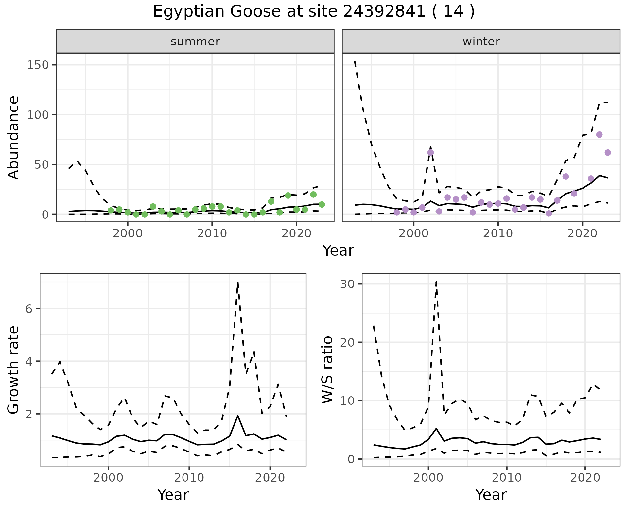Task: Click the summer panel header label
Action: point(195,42)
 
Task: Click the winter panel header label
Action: point(481,42)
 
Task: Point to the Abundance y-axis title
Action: point(14,137)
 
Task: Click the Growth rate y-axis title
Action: point(14,370)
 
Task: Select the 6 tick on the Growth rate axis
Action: point(29,309)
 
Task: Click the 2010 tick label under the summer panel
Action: point(212,233)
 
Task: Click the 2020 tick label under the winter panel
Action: point(582,233)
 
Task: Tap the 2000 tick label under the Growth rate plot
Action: point(108,478)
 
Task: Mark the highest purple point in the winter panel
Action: point(599,135)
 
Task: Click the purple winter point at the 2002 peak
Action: point(430,152)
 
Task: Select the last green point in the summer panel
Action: point(322,204)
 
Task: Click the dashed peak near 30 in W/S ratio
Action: point(436,281)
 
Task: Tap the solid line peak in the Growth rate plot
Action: point(238,416)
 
